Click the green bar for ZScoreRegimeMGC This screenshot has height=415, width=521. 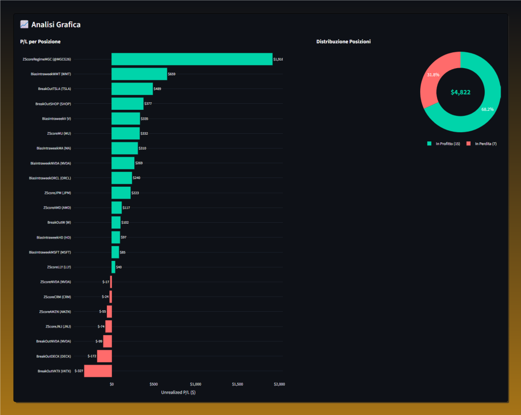coord(192,59)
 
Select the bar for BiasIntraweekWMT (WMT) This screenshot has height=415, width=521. coord(139,74)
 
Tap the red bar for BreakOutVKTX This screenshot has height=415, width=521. coord(98,371)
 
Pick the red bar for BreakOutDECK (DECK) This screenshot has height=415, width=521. coord(104,356)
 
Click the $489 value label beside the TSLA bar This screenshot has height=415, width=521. coord(158,89)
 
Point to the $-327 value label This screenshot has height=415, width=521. coord(79,371)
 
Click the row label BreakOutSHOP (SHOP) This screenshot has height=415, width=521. coord(53,104)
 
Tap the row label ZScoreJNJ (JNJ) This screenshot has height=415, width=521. coord(58,327)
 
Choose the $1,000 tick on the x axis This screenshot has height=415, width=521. coord(195,384)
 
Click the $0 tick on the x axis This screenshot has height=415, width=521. coord(112,384)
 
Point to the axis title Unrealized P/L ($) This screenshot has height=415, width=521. coord(178,392)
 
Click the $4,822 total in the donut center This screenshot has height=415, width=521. coord(460,93)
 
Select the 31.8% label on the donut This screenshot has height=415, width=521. coord(434,75)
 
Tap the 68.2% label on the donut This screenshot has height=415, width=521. coord(487,109)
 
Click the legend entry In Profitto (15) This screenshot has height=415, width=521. coord(444,144)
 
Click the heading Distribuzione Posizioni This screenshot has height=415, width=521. coord(343,41)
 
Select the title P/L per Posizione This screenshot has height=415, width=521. coord(40,41)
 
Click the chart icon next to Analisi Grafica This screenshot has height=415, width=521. coord(24,24)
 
